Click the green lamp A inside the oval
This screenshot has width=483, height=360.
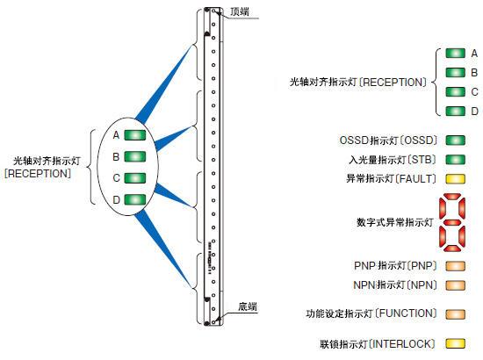pyautogui.click(x=135, y=135)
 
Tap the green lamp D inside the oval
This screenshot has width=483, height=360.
pyautogui.click(x=135, y=199)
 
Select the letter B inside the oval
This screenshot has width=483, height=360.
pyautogui.click(x=116, y=157)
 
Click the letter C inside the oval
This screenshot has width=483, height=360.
pyautogui.click(x=116, y=178)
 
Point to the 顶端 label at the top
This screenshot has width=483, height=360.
pyautogui.click(x=240, y=11)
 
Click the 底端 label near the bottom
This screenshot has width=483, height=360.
pyautogui.click(x=248, y=306)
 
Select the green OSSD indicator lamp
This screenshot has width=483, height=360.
pyautogui.click(x=455, y=140)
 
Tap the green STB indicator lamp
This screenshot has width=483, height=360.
pyautogui.click(x=455, y=160)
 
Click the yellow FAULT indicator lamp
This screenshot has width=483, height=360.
pyautogui.click(x=455, y=178)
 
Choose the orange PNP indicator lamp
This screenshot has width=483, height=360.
pyautogui.click(x=455, y=266)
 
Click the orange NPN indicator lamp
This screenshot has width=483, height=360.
pyautogui.click(x=455, y=285)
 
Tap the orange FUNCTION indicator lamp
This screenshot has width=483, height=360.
pyautogui.click(x=455, y=314)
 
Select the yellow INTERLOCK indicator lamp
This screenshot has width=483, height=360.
pyautogui.click(x=455, y=343)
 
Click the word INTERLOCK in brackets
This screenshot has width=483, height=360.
pyautogui.click(x=402, y=343)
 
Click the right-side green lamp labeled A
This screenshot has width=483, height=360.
pyautogui.click(x=455, y=54)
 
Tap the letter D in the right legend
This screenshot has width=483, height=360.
pyautogui.click(x=475, y=112)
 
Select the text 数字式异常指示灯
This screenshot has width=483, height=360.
pyautogui.click(x=395, y=222)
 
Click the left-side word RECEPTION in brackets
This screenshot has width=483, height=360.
pyautogui.click(x=38, y=174)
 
